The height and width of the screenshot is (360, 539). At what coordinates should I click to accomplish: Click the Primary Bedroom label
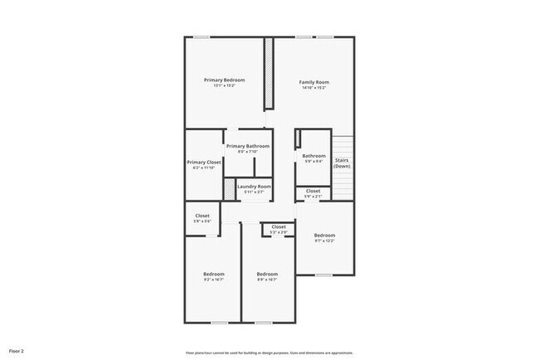click(225, 80)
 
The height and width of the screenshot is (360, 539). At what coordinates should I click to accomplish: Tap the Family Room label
click(314, 82)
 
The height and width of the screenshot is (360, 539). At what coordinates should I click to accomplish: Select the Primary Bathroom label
click(247, 146)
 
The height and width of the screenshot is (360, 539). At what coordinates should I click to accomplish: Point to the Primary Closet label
click(203, 162)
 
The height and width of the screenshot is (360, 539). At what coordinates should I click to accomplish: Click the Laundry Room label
click(254, 187)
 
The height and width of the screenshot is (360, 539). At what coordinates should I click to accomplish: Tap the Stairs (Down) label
click(342, 162)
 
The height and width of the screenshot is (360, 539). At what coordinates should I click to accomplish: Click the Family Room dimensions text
click(314, 88)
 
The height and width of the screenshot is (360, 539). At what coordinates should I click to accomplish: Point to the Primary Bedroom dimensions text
click(225, 85)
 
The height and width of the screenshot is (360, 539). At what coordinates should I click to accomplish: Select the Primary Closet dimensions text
click(203, 168)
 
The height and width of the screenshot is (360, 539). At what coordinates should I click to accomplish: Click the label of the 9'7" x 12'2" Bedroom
click(324, 235)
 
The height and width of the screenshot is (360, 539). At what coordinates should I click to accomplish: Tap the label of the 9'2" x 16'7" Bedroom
click(214, 274)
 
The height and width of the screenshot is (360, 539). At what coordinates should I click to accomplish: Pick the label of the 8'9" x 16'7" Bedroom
click(266, 274)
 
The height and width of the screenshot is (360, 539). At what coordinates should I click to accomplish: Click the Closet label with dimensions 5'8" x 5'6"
click(202, 216)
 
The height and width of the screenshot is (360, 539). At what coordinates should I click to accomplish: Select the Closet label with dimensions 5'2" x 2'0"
click(279, 226)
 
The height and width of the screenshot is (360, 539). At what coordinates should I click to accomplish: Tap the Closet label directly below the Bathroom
click(313, 191)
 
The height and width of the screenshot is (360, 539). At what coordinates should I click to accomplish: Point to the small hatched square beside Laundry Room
click(230, 189)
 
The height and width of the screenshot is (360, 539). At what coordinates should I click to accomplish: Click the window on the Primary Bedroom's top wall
click(202, 36)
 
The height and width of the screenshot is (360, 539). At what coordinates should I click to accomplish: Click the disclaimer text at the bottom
click(269, 351)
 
